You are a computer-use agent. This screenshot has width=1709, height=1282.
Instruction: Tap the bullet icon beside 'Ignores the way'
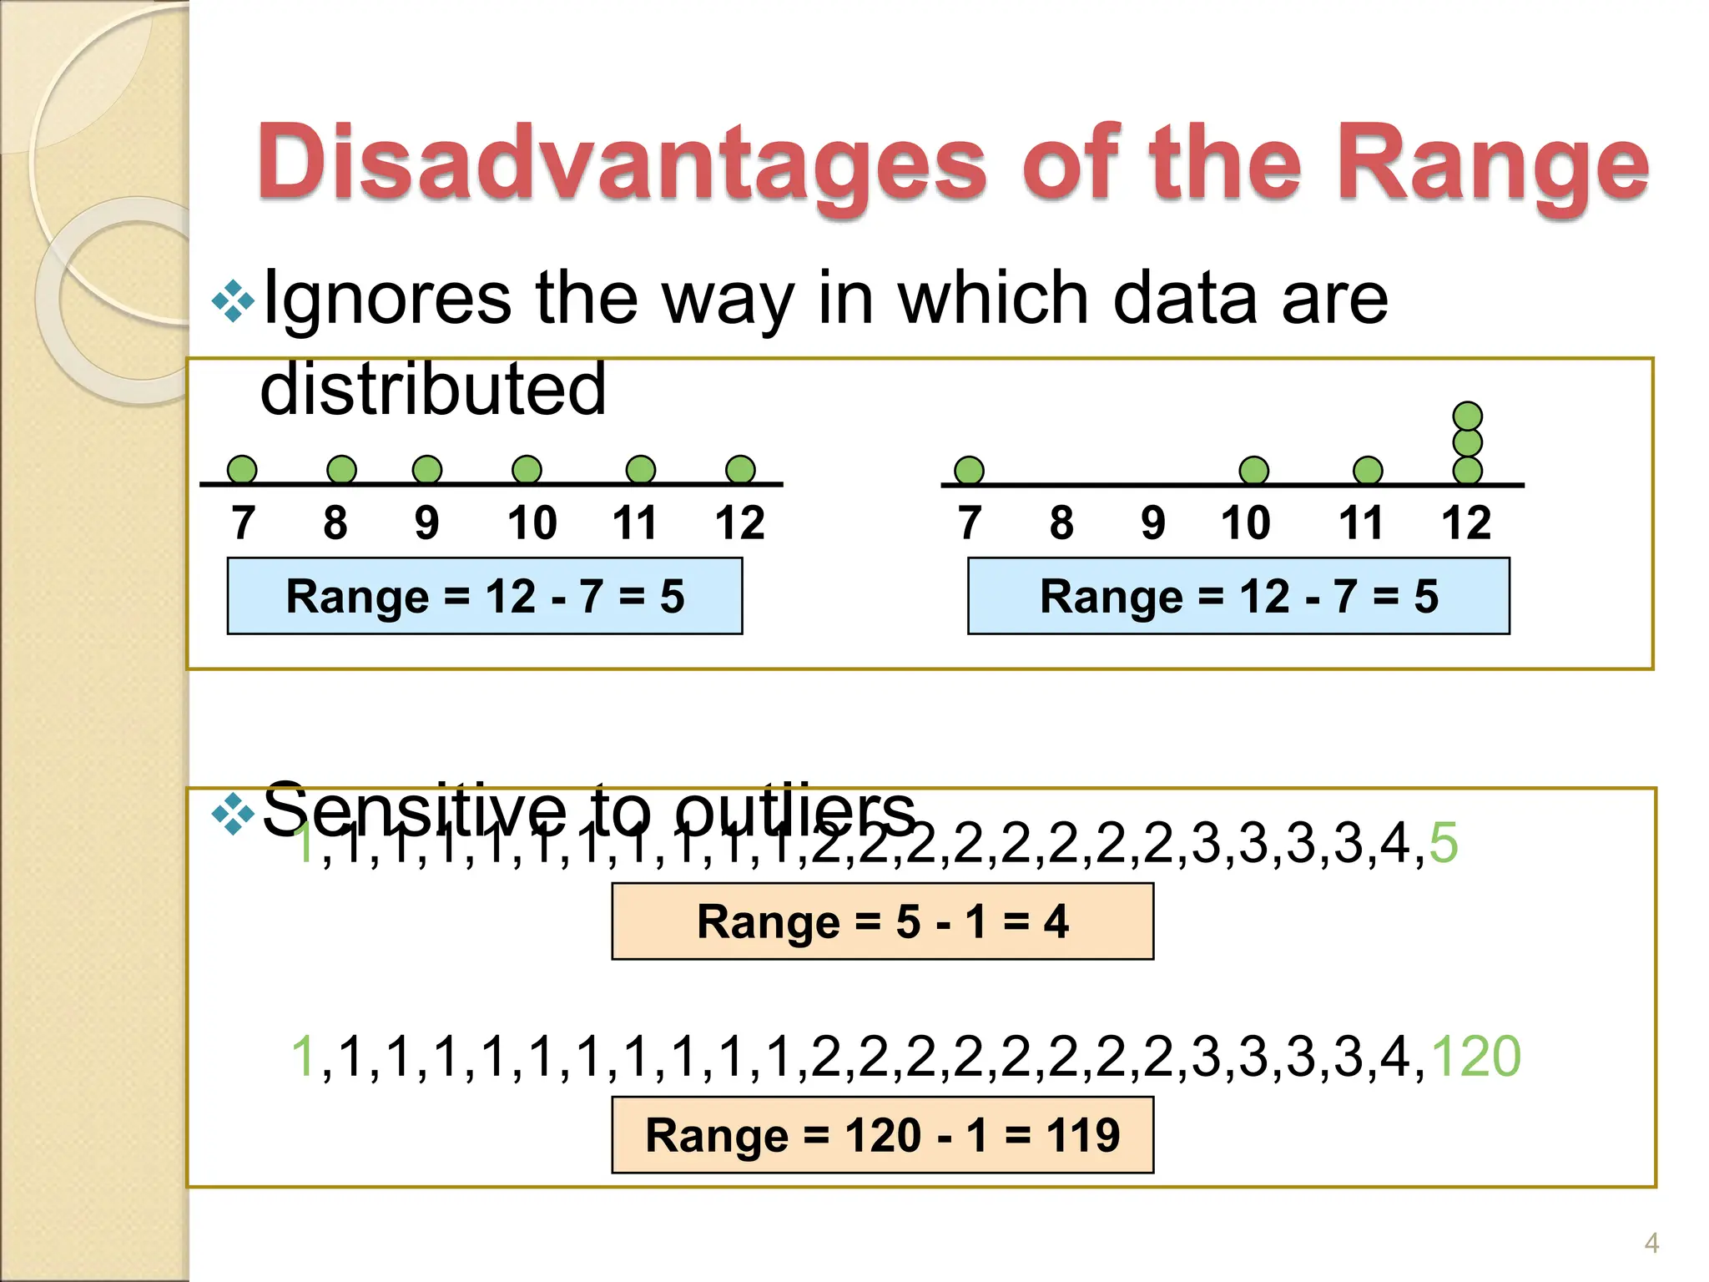(233, 302)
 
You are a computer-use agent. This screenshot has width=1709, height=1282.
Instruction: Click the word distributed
(433, 389)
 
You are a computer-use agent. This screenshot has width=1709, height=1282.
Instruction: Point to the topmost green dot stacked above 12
(1467, 416)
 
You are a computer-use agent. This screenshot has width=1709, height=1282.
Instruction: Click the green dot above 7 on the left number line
(242, 470)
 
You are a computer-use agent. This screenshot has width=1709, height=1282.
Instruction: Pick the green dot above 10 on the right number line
(1253, 471)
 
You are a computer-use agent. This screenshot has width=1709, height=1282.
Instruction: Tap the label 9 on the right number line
(1152, 523)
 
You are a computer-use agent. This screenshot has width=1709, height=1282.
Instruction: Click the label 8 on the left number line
(335, 523)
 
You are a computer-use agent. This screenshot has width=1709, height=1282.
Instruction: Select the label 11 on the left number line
(634, 523)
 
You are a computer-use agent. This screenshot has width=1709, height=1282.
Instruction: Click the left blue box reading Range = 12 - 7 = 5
(485, 597)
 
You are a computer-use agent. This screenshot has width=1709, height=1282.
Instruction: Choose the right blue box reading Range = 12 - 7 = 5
(1238, 597)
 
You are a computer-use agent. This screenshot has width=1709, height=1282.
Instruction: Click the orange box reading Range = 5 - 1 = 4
(882, 921)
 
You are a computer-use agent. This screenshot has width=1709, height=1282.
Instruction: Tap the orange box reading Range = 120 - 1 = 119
(882, 1135)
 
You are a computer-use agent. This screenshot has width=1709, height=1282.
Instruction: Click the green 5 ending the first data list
(1444, 843)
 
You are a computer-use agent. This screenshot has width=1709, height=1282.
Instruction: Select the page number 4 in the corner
(1651, 1244)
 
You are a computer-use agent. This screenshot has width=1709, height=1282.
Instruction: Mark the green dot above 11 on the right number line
(1367, 471)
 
